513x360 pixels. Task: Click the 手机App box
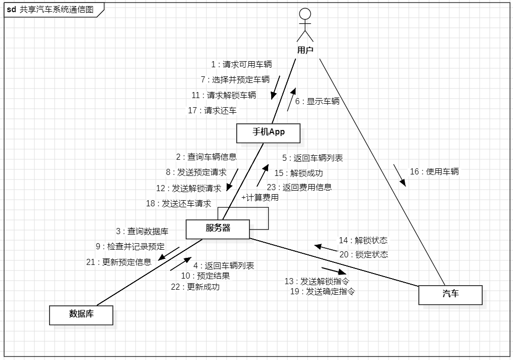click(269, 132)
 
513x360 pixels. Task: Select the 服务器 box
click(218, 229)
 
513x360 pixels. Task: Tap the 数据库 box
click(80, 314)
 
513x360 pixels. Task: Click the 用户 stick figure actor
click(305, 25)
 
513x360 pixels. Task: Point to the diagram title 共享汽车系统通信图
click(57, 10)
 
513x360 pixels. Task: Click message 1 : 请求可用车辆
click(241, 65)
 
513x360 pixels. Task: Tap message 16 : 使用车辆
click(434, 172)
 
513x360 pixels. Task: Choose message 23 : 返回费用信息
click(300, 187)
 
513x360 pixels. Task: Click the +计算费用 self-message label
click(260, 198)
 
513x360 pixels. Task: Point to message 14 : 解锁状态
click(363, 241)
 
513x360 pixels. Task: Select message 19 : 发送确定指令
click(322, 292)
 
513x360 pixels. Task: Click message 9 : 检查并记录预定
click(130, 247)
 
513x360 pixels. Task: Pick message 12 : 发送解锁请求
click(189, 189)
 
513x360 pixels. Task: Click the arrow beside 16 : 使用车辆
click(400, 175)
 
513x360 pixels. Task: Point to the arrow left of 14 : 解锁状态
click(325, 247)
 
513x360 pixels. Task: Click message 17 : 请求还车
click(212, 111)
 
